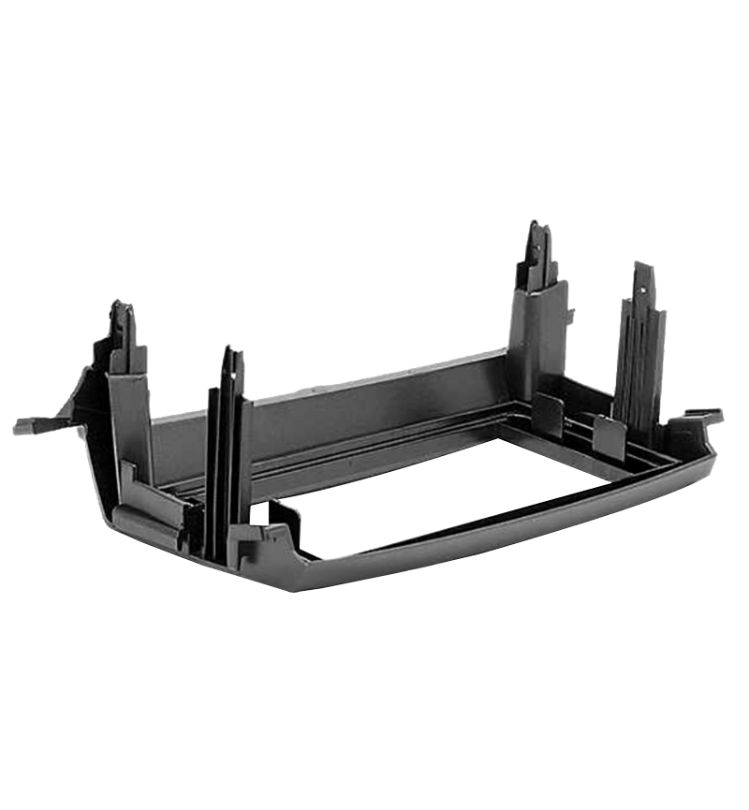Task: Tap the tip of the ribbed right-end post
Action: (x=641, y=268)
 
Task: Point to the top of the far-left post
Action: (x=119, y=306)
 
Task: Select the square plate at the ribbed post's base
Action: (x=609, y=436)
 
